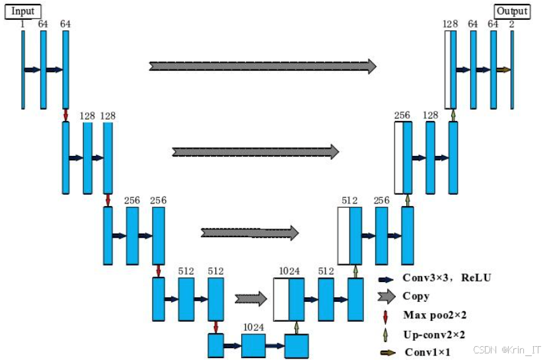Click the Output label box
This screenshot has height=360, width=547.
pyautogui.click(x=513, y=11)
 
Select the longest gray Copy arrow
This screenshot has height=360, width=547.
pyautogui.click(x=263, y=66)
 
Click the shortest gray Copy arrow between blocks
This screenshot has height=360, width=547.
pyautogui.click(x=250, y=299)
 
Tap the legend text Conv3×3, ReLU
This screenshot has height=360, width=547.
pyautogui.click(x=447, y=277)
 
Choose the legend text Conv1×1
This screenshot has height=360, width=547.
pyautogui.click(x=427, y=352)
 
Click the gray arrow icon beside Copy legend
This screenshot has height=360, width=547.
pyautogui.click(x=386, y=297)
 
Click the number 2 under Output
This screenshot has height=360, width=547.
pyautogui.click(x=512, y=24)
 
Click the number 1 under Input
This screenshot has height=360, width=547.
pyautogui.click(x=22, y=24)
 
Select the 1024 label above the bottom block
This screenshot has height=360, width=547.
pyautogui.click(x=253, y=326)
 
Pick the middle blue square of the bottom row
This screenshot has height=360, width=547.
pyautogui.click(x=253, y=345)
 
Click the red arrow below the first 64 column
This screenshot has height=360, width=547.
pyautogui.click(x=65, y=116)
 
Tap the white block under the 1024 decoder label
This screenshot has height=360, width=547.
pyautogui.click(x=281, y=299)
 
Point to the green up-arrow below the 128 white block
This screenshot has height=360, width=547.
pyautogui.click(x=453, y=115)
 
